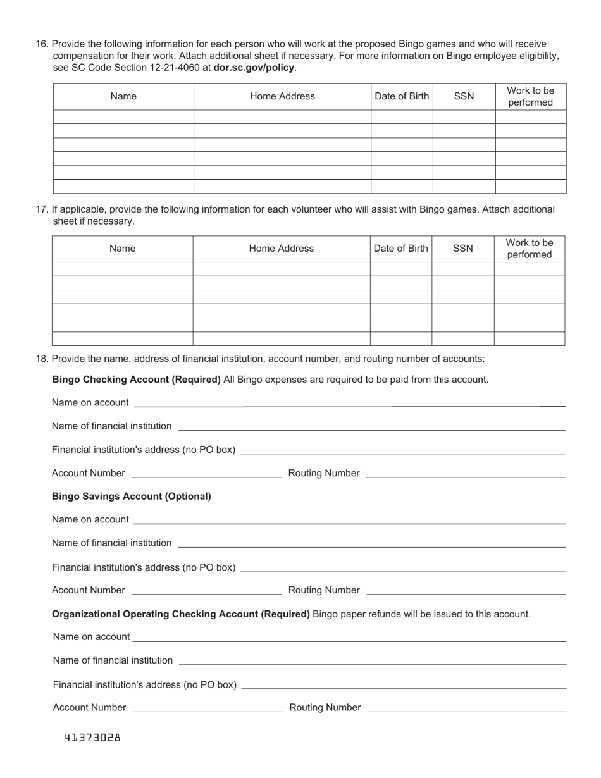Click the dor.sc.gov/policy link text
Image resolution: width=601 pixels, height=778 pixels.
[254, 67]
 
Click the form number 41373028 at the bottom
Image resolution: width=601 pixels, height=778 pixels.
[92, 738]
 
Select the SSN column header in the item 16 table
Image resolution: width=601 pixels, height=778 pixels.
[464, 96]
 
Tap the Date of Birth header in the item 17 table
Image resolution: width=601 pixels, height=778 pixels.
[400, 249]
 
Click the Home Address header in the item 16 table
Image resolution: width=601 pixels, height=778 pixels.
[282, 96]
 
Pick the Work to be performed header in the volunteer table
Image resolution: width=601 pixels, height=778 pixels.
[529, 249]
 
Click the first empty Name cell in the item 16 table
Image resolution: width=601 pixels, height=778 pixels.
[123, 117]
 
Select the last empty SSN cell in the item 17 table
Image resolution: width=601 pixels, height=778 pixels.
[462, 338]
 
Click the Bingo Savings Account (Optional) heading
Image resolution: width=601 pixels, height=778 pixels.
[132, 497]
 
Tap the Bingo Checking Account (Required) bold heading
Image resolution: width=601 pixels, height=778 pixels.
[137, 380]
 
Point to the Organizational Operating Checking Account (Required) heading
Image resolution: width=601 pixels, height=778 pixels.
[181, 614]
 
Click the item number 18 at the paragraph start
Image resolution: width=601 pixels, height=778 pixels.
[42, 359]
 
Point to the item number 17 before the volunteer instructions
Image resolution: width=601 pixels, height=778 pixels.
[42, 209]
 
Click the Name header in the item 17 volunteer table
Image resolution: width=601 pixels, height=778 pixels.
[122, 249]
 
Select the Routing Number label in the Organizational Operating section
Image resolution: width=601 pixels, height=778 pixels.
[325, 707]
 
